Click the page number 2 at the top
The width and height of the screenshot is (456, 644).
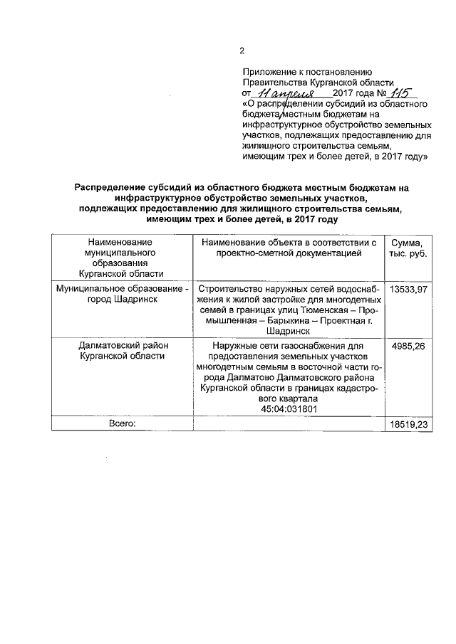(x=242, y=51)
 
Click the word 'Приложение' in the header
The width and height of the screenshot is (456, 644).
(x=269, y=73)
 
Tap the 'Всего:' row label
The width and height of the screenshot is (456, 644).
(x=122, y=423)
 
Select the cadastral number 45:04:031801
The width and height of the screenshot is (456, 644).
(x=289, y=410)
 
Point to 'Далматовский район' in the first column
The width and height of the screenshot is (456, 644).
(x=122, y=346)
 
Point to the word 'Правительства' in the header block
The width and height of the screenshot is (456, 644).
(x=274, y=83)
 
